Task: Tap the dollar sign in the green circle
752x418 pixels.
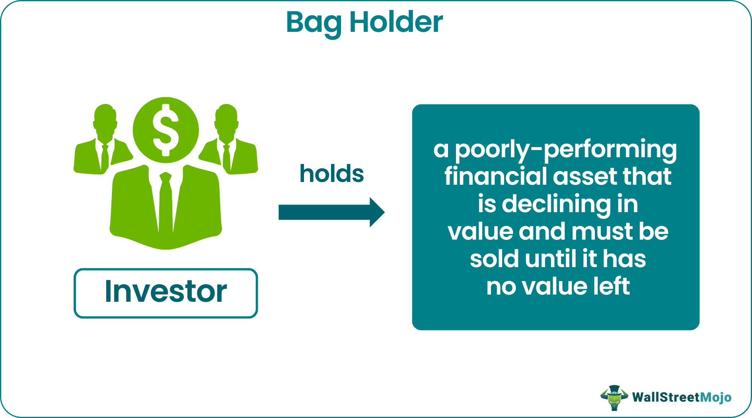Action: click(x=166, y=130)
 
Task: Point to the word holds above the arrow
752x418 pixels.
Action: click(x=331, y=174)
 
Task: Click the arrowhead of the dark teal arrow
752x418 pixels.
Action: click(x=376, y=212)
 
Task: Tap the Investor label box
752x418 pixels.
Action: click(x=166, y=293)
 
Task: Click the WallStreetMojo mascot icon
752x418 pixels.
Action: click(x=614, y=397)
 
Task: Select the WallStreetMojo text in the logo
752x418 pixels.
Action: click(x=681, y=397)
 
